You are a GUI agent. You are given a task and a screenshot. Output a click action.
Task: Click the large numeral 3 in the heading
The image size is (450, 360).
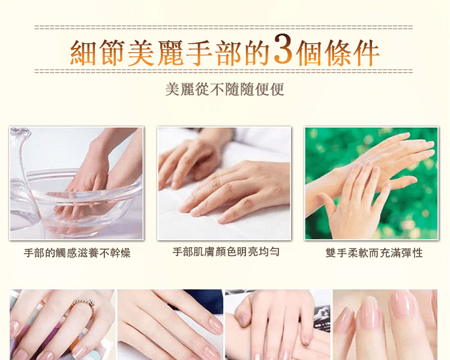pyautogui.click(x=283, y=49)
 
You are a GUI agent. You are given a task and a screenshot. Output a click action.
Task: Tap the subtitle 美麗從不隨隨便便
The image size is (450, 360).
pyautogui.click(x=225, y=89)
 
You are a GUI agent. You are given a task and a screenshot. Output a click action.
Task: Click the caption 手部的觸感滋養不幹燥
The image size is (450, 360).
pyautogui.click(x=77, y=253)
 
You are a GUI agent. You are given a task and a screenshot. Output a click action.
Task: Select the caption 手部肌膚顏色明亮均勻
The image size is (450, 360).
pyautogui.click(x=226, y=252)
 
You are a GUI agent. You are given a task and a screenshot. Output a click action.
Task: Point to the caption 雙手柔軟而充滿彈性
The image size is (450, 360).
pyautogui.click(x=374, y=253)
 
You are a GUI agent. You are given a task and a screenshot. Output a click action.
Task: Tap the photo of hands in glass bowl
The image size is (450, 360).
pyautogui.click(x=76, y=184)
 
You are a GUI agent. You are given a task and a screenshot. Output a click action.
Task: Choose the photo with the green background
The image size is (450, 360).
pyautogui.click(x=371, y=183)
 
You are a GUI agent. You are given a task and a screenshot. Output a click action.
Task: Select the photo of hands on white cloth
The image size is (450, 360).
pyautogui.click(x=224, y=184)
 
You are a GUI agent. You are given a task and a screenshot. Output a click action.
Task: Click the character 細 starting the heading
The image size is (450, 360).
pyautogui.click(x=83, y=53)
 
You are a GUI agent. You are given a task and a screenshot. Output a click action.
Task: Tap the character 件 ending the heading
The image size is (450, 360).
pyautogui.click(x=366, y=53)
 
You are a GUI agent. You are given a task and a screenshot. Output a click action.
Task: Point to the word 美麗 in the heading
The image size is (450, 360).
pyautogui.click(x=155, y=53)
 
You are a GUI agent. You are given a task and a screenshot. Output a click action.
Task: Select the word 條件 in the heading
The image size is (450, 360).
pyautogui.click(x=352, y=53)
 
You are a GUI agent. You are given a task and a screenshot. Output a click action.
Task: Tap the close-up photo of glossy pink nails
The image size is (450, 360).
pyautogui.click(x=385, y=325)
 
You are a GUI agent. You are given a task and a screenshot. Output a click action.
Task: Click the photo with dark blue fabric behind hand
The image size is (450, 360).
pyautogui.click(x=170, y=325)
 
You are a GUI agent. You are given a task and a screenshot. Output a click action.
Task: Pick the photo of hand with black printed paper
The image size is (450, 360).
pyautogui.click(x=278, y=325)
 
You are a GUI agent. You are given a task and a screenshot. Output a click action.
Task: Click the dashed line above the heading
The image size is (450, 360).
pyautogui.click(x=224, y=27)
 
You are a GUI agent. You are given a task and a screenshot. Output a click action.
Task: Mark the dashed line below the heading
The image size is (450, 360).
pyautogui.click(x=224, y=71)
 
